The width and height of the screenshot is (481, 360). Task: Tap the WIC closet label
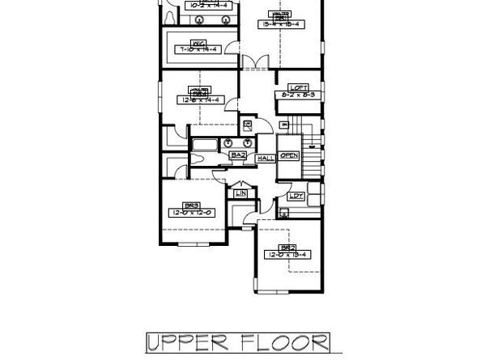(x=197, y=44)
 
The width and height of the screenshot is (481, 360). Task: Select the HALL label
(x=264, y=159)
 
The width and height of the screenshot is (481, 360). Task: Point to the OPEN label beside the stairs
(x=289, y=155)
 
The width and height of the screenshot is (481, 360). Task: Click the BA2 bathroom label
(x=239, y=155)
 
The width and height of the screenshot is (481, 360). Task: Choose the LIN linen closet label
(x=240, y=193)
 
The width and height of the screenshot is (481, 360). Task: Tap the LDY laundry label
(x=296, y=196)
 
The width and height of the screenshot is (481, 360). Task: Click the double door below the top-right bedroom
(x=256, y=61)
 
